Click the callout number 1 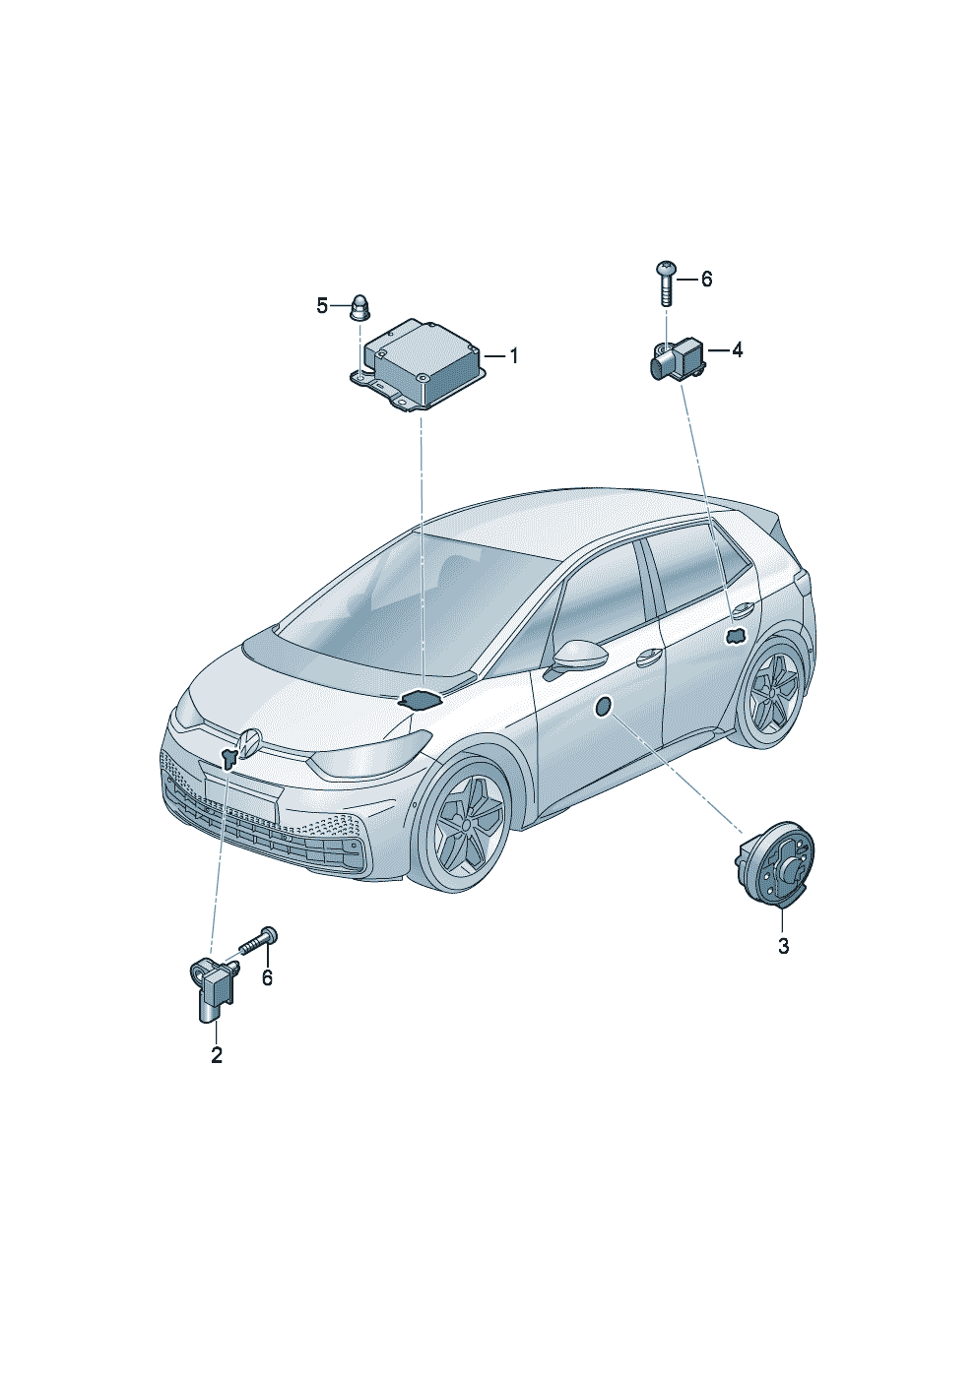pos(512,357)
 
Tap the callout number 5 pos(322,305)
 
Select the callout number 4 pos(737,350)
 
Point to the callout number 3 pos(783,963)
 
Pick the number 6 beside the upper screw pos(706,280)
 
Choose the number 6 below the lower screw pos(267,994)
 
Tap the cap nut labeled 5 pos(358,308)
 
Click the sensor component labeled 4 pos(678,357)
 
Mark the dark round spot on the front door pos(603,707)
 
